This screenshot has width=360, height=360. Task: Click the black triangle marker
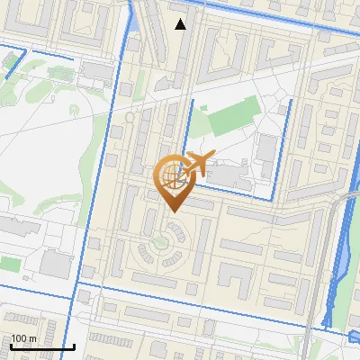tap(181, 24)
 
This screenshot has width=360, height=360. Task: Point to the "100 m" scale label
tap(24, 338)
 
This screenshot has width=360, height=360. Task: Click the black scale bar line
tap(42, 346)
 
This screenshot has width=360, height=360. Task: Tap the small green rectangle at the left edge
tap(9, 265)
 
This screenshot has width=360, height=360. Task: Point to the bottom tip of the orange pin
tap(172, 211)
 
